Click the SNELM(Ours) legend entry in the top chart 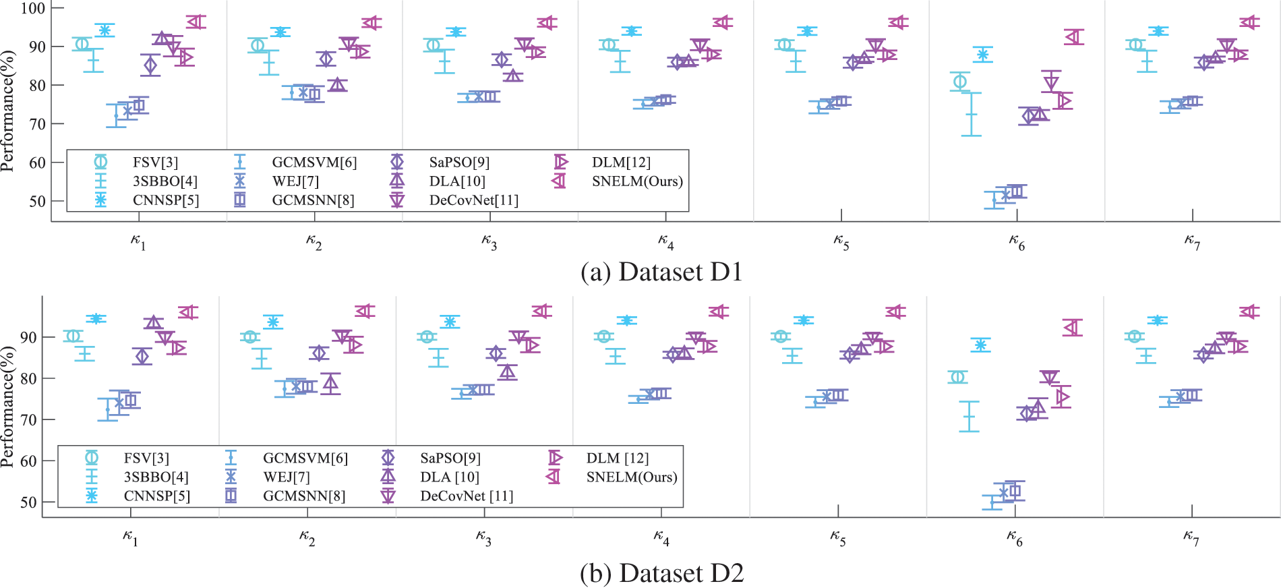[636, 181]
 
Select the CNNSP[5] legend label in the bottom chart [156, 496]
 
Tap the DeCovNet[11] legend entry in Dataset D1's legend [473, 200]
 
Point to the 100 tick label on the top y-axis [32, 8]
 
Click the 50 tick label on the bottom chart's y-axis [28, 502]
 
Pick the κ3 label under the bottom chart [483, 537]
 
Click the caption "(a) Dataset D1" [661, 272]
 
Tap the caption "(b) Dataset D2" [661, 573]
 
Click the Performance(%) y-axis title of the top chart [8, 111]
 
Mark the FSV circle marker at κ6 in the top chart [959, 82]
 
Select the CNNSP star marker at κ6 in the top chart [982, 55]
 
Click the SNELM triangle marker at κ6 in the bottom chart [1071, 328]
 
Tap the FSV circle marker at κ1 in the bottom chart [73, 336]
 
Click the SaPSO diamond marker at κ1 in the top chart [150, 65]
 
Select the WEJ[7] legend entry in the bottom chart [286, 477]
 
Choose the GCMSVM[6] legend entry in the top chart [314, 163]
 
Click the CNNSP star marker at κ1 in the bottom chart [96, 319]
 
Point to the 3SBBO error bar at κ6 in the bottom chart [969, 417]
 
